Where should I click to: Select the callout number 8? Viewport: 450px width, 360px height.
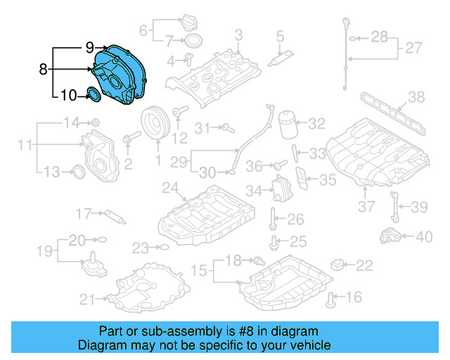[x=44, y=70]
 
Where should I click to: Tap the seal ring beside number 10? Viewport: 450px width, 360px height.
[x=94, y=94]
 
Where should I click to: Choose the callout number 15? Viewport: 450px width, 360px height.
[x=200, y=270]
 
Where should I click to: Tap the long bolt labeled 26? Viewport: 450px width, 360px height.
[x=272, y=218]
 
